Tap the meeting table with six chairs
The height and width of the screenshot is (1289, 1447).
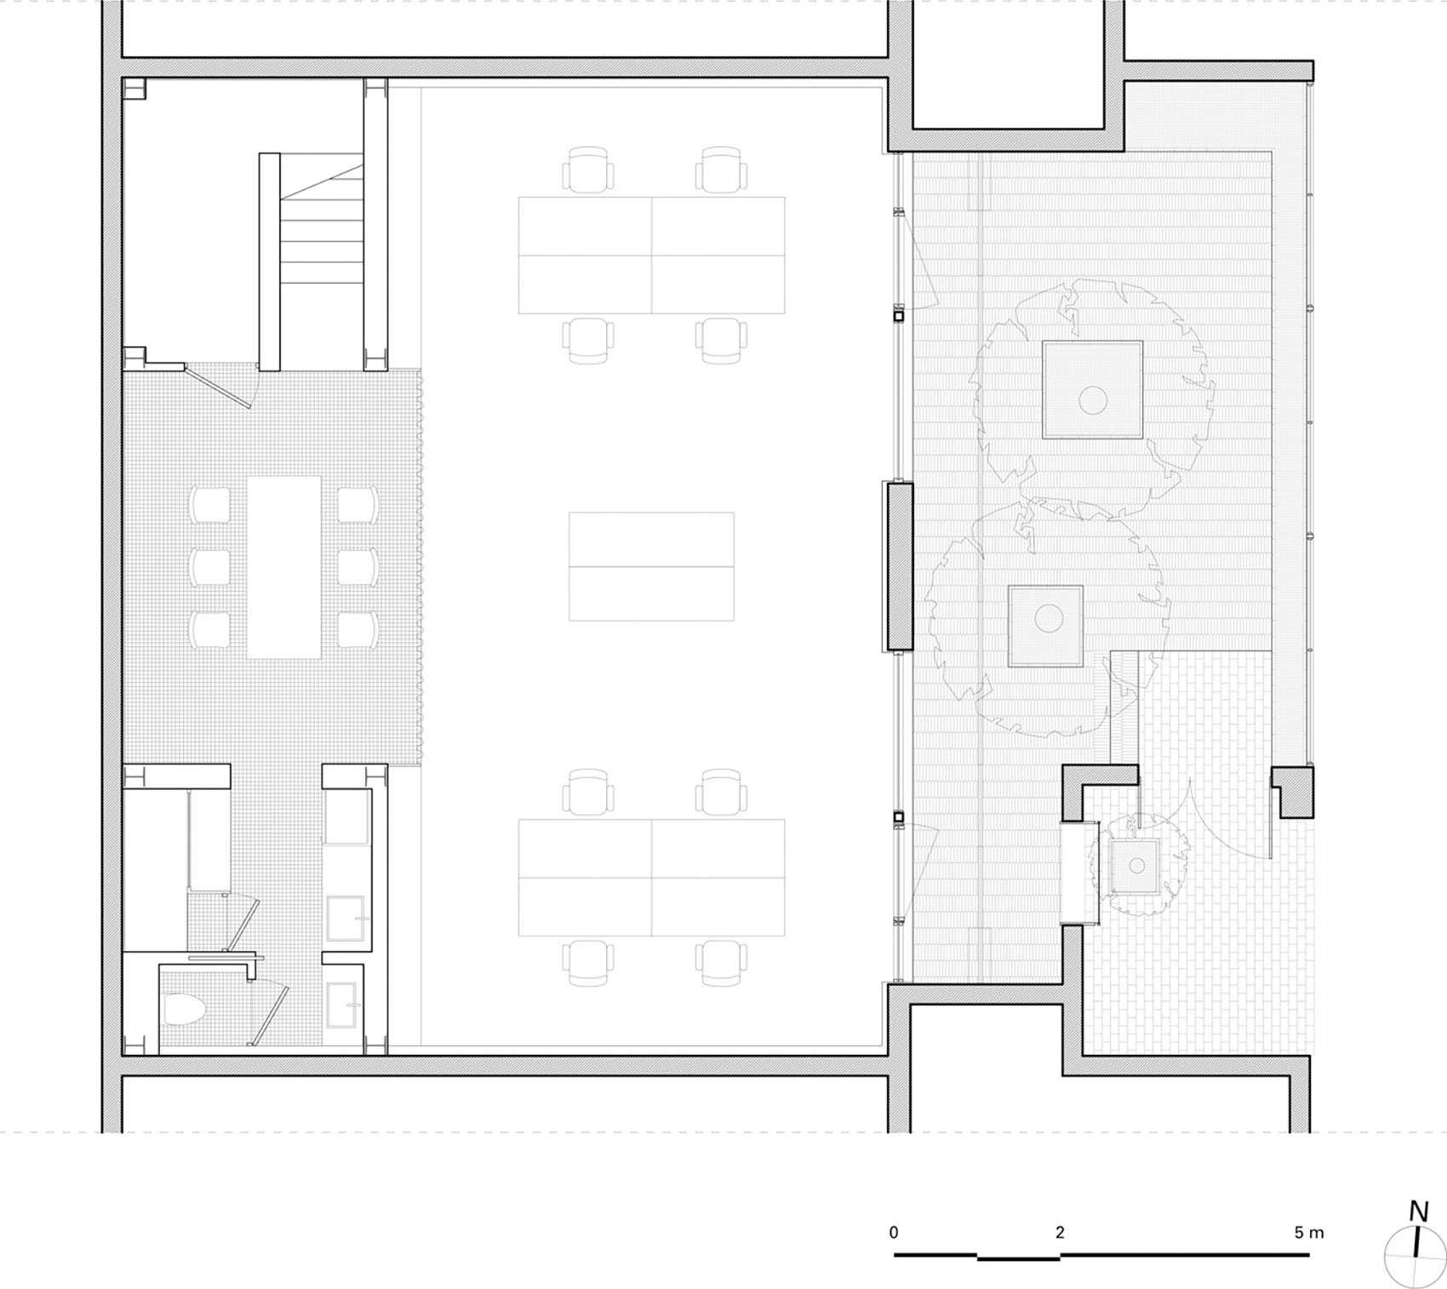[283, 567]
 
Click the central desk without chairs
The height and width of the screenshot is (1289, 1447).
[651, 566]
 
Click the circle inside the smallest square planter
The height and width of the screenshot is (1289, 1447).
[1136, 866]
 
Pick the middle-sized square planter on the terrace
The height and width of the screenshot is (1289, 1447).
[1045, 626]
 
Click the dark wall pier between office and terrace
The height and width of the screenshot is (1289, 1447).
[896, 566]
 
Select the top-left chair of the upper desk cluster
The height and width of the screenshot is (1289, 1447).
[587, 169]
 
